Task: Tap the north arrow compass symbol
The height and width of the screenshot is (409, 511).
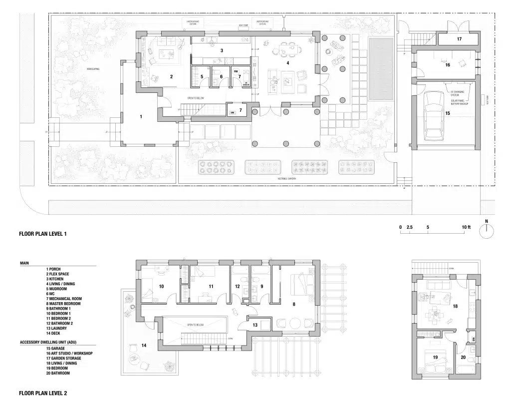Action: (487, 231)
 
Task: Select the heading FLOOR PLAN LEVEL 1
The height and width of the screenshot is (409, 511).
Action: (43, 233)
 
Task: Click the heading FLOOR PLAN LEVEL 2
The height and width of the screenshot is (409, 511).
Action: (43, 394)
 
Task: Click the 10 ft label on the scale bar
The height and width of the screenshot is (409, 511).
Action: (466, 227)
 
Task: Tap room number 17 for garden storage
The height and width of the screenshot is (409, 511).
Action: (459, 39)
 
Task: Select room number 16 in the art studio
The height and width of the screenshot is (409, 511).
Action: (448, 65)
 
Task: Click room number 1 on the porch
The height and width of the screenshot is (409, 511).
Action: (141, 116)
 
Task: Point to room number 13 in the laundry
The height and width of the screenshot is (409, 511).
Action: (255, 325)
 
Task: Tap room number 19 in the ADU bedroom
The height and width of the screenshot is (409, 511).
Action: (436, 358)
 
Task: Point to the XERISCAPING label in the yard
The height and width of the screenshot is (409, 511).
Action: (93, 69)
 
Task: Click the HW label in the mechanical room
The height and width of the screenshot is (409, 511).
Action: (236, 71)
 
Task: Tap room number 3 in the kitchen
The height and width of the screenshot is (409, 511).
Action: (221, 50)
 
